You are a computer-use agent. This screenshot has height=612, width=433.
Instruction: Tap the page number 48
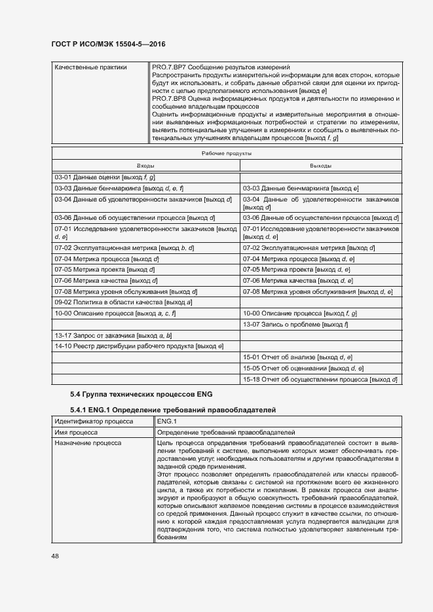55,556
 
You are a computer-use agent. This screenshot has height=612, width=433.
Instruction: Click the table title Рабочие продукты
227,153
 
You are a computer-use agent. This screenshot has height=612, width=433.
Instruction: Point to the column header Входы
145,166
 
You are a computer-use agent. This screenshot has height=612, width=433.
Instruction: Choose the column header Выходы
320,166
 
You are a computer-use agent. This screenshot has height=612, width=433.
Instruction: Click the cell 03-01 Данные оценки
105,177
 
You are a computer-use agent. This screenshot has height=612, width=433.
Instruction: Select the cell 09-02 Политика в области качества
123,302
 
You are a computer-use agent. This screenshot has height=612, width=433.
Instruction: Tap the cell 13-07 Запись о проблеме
295,325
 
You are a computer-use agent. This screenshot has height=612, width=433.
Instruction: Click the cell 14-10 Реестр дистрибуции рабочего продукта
140,346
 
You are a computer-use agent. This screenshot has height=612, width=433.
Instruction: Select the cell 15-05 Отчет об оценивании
303,369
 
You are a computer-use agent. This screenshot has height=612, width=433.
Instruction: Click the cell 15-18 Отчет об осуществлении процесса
321,380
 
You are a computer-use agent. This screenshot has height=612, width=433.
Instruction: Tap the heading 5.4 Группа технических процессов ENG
141,395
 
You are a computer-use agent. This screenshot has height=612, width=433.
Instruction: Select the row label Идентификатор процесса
94,422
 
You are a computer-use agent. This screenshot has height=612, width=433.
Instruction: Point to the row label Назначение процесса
88,443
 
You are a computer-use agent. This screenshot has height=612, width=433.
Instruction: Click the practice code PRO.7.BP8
168,98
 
